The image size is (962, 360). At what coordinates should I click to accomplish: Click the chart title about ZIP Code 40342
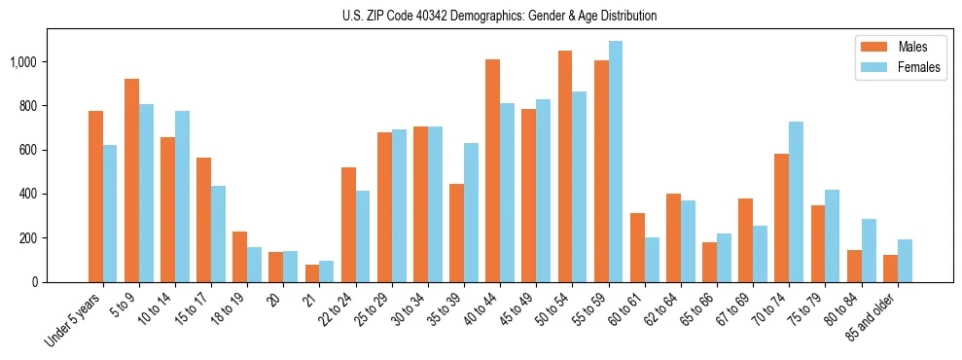pyautogui.click(x=499, y=16)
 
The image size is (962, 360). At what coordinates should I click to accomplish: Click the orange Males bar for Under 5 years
pyautogui.click(x=95, y=197)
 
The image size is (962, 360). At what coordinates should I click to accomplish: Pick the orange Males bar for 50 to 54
pyautogui.click(x=565, y=166)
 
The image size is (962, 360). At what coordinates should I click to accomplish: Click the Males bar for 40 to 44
pyautogui.click(x=493, y=170)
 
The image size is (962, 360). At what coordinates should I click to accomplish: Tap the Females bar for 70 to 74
pyautogui.click(x=796, y=201)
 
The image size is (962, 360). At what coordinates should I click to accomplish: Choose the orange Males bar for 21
pyautogui.click(x=312, y=273)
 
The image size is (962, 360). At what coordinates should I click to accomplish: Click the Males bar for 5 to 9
pyautogui.click(x=131, y=180)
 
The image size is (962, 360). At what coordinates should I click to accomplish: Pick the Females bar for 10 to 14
pyautogui.click(x=182, y=197)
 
